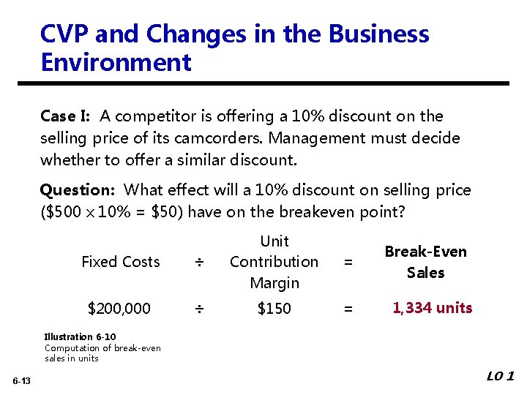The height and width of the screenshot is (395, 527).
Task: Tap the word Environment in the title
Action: pos(116,63)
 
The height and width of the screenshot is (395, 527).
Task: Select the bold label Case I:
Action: pos(67,116)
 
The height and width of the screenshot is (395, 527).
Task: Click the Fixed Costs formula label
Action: pos(120,262)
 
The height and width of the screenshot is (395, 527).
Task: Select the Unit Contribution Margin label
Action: pos(274,262)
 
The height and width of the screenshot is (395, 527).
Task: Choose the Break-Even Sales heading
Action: pos(425,262)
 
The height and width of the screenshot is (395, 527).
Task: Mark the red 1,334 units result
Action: pos(432,308)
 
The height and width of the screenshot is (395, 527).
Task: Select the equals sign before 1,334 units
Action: pos(348,309)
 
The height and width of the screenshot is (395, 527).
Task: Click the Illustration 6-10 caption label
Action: pos(78,337)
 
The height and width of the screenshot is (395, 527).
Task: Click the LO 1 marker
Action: pos(501,377)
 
